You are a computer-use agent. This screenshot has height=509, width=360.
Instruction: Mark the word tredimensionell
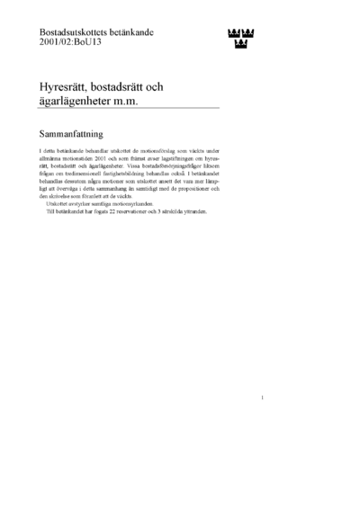[80, 178]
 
